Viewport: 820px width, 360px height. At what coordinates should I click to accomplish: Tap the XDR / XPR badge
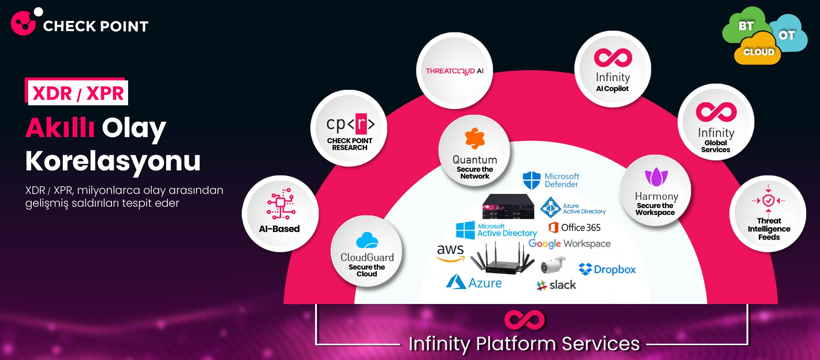77,92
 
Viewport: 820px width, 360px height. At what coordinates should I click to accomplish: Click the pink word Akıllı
60,128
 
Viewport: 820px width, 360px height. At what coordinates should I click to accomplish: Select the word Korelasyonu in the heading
113,161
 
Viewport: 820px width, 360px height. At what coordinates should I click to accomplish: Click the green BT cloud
745,26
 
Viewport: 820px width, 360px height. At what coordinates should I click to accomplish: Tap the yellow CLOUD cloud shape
758,52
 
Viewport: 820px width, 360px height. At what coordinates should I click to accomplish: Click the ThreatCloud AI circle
454,71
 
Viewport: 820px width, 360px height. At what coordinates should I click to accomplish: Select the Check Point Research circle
349,129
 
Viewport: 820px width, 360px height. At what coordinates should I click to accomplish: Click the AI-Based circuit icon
281,204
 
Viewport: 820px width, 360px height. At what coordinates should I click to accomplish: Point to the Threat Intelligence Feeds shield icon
768,200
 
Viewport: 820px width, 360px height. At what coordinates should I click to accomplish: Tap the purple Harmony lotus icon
656,177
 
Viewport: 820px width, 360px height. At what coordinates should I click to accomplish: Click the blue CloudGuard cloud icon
367,240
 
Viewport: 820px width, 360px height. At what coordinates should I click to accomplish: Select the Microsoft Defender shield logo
532,180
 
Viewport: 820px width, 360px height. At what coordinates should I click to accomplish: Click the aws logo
450,252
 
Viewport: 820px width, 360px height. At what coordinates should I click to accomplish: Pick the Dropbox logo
607,269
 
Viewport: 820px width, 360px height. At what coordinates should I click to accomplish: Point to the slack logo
556,285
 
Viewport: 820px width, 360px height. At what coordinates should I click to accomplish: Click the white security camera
553,265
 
